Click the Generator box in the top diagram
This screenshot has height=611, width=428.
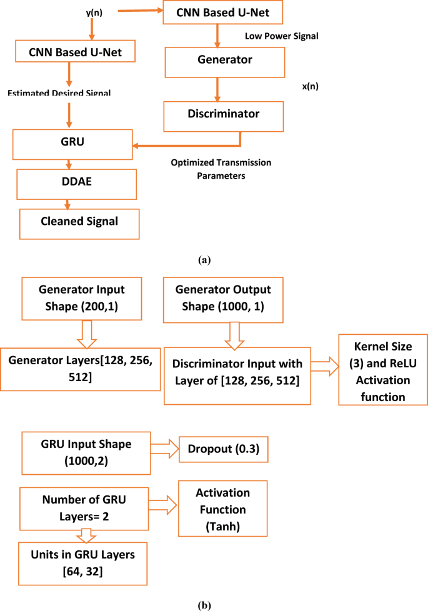pos(216,61)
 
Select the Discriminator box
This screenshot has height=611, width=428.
pos(224,114)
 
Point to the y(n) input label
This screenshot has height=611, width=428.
pos(94,12)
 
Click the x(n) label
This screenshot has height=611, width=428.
pos(310,86)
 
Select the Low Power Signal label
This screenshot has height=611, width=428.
pos(281,36)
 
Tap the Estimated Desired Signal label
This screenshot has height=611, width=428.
pos(59,93)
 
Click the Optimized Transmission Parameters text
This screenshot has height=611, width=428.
pos(221,169)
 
